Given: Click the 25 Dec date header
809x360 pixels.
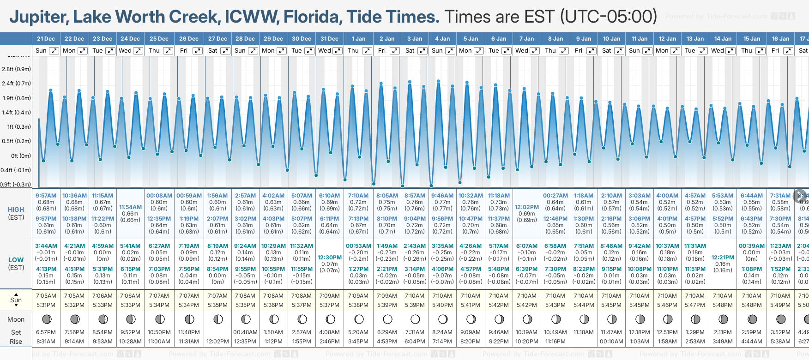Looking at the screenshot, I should tap(159, 39).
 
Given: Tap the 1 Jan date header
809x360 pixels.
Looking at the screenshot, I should tap(358, 39).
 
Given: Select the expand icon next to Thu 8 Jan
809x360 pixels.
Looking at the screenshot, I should tap(563, 51).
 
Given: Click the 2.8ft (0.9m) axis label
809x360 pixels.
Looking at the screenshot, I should tap(16, 69).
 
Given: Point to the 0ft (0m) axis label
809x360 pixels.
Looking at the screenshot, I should tap(21, 156).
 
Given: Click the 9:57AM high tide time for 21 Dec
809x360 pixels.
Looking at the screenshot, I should tap(46, 196).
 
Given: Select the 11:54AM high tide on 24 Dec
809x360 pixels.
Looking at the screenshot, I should tap(130, 207).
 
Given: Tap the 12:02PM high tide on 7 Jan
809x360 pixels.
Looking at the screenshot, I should tap(526, 207).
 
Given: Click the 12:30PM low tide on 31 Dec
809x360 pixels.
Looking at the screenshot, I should tap(330, 258).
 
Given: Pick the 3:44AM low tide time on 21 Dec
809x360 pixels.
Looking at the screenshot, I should tap(46, 246).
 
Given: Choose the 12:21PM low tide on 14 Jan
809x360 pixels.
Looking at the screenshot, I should tap(723, 258).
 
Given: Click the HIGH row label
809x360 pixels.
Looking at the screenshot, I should tap(16, 210).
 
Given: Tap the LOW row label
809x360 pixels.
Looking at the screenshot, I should tap(16, 260).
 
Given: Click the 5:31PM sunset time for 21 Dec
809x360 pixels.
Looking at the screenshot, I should tap(46, 305).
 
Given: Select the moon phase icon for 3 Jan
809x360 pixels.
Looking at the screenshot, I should tap(415, 319).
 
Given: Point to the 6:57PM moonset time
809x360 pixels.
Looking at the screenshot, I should tap(46, 332).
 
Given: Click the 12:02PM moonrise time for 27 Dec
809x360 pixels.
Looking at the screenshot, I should tap(217, 342).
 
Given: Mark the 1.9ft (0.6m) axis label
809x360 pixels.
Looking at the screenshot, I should tap(16, 98).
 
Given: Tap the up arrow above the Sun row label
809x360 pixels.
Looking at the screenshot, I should tap(16, 294).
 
